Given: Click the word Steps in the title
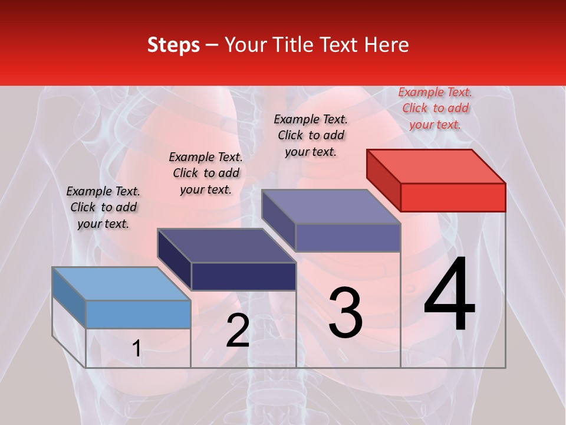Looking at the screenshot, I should coord(173,45).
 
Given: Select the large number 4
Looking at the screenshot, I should coord(449,295).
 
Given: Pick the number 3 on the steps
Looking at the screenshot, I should coord(345,313).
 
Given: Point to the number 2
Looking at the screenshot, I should coord(238,331).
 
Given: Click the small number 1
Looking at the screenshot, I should coord(136,349).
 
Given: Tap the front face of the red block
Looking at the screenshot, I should coord(453,197).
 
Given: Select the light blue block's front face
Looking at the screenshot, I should coord(138,314).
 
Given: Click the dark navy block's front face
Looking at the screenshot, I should coord(243,276).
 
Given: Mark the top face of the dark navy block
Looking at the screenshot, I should coord(227,245).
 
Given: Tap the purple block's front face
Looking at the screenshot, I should coord(348,237).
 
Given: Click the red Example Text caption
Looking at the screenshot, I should coord(435,108).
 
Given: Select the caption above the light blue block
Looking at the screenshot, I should coord(103,207).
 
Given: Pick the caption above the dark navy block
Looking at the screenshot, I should coord(206,173).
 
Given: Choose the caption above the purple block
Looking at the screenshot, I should coord(311,135).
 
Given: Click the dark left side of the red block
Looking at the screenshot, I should coord(383,180).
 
